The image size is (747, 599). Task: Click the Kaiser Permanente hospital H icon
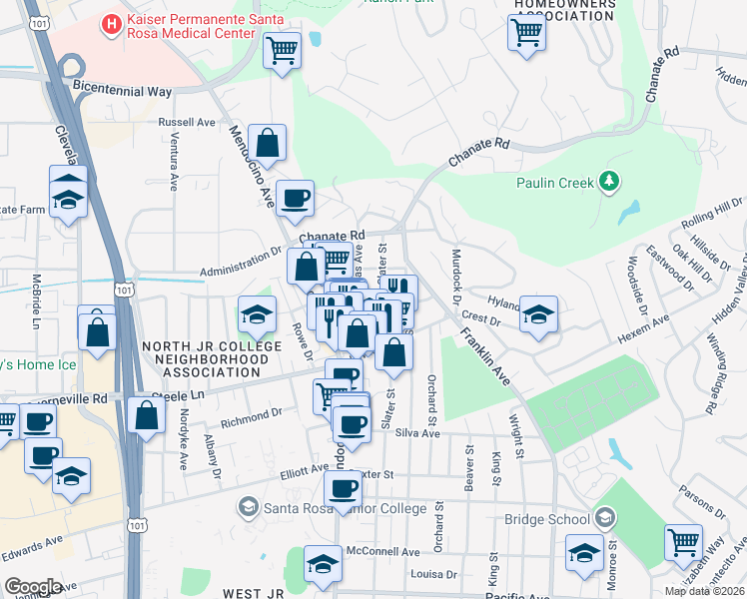click(112, 22)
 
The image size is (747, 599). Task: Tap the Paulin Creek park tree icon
click(609, 182)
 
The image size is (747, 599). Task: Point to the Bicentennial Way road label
click(122, 90)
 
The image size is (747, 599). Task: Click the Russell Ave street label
click(187, 123)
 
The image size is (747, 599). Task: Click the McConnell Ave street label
click(382, 551)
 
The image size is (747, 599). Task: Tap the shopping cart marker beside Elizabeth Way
click(683, 542)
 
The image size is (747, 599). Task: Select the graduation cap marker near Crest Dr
click(538, 314)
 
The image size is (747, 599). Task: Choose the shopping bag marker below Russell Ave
click(268, 141)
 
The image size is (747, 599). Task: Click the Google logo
click(33, 587)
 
